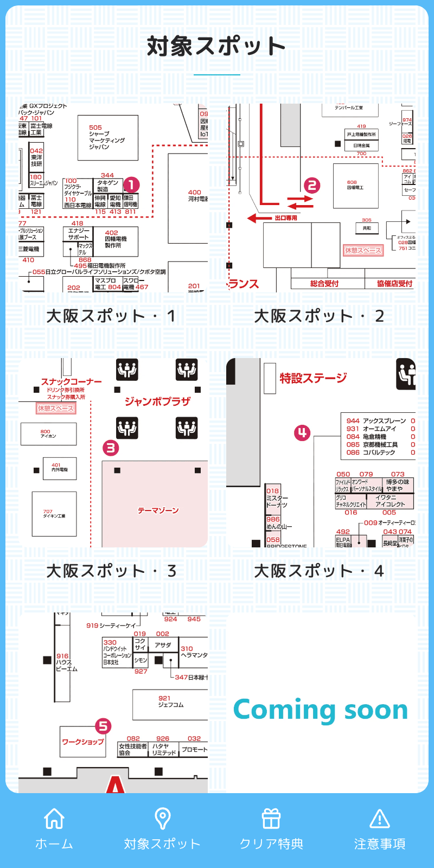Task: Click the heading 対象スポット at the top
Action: [216, 47]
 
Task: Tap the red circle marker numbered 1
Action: [131, 185]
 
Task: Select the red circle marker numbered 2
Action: [311, 186]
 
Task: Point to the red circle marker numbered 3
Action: [111, 448]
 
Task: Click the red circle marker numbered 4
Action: [302, 432]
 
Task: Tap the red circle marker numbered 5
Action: [103, 726]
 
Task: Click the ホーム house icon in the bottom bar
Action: [54, 819]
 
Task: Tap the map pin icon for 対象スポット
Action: [163, 819]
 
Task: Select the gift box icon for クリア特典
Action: [271, 819]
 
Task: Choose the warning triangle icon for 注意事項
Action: [380, 819]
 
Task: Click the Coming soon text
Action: [321, 710]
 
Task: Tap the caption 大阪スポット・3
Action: [111, 571]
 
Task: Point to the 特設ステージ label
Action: [313, 378]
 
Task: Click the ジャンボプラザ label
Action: [157, 401]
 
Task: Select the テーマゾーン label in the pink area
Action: [158, 510]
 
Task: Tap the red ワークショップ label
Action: [82, 742]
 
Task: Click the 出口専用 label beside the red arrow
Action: [286, 218]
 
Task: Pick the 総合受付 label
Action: [324, 283]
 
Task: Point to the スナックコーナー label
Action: [71, 382]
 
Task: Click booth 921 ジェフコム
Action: [170, 701]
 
